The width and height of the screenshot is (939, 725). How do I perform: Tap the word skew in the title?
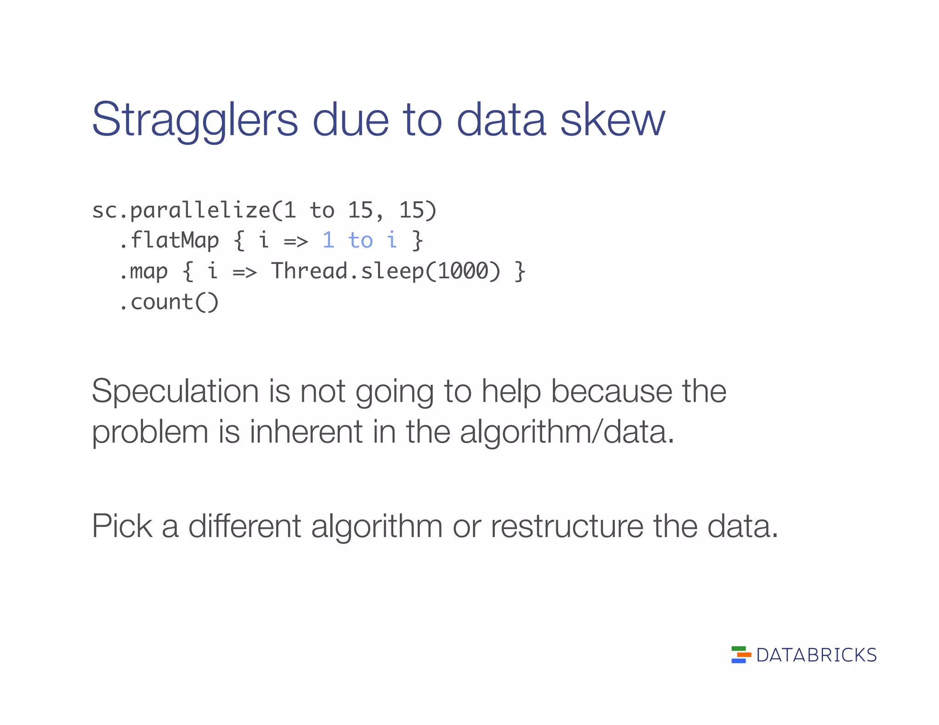(x=612, y=120)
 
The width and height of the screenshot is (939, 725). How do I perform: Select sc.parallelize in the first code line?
(x=181, y=211)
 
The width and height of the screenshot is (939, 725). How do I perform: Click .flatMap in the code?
(x=169, y=241)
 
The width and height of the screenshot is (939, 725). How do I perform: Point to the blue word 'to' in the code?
(x=360, y=241)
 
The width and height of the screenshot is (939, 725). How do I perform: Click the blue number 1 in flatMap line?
(x=328, y=241)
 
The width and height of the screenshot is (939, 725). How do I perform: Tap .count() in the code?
(x=169, y=302)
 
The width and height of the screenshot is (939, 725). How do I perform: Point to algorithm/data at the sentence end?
(x=567, y=433)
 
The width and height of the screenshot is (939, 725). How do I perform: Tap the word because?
(x=611, y=392)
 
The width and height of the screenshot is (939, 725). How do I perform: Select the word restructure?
(x=567, y=526)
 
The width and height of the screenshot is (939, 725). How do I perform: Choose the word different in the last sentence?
(x=244, y=526)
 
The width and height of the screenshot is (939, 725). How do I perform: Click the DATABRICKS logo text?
(x=816, y=655)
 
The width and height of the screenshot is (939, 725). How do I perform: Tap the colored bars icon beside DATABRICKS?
(x=740, y=655)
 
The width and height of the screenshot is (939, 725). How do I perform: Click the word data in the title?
(x=501, y=120)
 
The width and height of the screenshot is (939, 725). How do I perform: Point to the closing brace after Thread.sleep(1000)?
(x=519, y=271)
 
